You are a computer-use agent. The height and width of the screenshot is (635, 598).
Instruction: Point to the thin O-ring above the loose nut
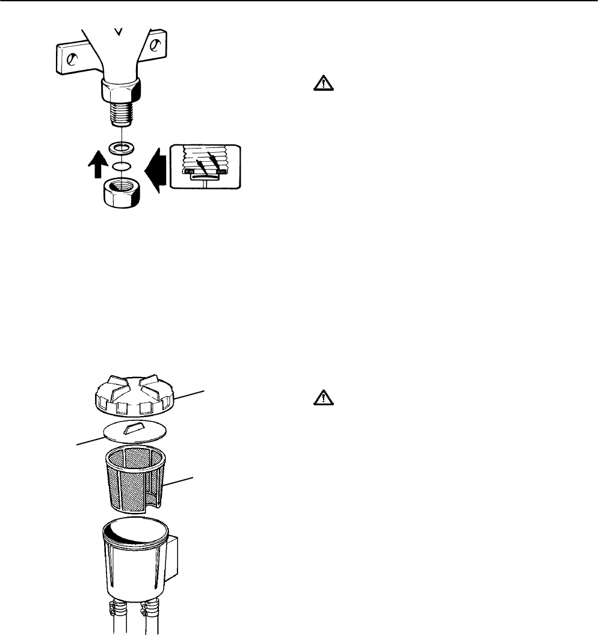[x=123, y=165]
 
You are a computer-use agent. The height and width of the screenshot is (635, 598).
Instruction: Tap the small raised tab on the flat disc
[x=134, y=428]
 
